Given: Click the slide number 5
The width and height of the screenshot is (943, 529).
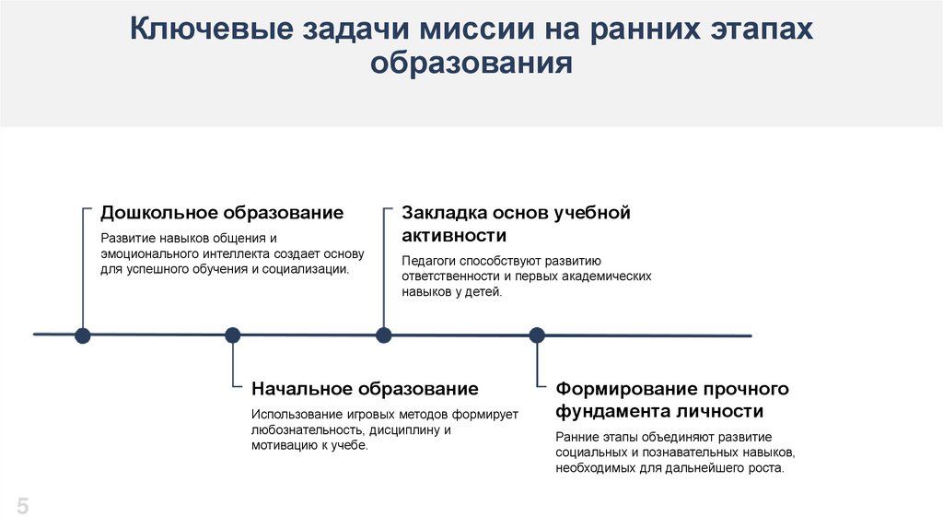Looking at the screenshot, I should coord(23,506).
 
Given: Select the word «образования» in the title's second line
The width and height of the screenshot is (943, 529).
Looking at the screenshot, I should coord(471,65).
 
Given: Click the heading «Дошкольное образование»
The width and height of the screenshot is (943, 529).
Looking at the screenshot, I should coord(222,213).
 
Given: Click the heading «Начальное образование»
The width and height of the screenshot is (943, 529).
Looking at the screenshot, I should coord(365,388).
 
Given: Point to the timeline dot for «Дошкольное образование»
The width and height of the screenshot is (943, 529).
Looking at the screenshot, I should coord(82,335).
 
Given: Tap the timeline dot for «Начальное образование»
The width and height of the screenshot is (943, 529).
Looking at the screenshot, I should coord(232,335).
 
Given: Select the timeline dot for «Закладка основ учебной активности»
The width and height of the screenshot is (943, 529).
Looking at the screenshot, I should coord(383,335).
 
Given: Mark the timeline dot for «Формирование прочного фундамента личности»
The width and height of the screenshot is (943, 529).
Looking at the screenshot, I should coord(536,335).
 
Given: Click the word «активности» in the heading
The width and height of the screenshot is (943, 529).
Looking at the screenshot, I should coord(454,236).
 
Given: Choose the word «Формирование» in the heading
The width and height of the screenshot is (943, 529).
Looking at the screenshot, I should coord(623,388).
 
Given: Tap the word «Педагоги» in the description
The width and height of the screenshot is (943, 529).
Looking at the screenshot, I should coord(428,261).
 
